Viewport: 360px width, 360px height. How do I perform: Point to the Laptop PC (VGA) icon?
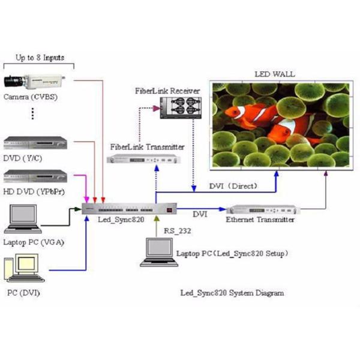click(x=23, y=220)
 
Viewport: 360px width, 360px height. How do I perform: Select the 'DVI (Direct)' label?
click(x=229, y=185)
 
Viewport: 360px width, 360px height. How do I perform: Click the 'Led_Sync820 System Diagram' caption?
click(x=232, y=293)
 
